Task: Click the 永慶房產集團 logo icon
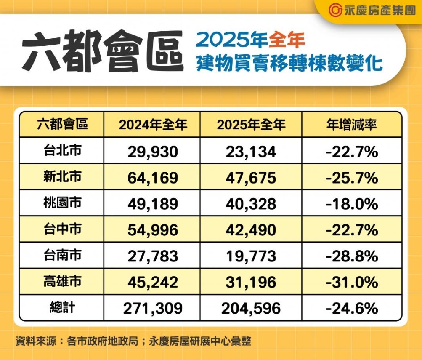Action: pyautogui.click(x=335, y=11)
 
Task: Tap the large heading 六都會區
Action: pyautogui.click(x=103, y=51)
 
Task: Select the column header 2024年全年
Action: pyautogui.click(x=153, y=125)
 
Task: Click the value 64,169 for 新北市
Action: pyautogui.click(x=153, y=178)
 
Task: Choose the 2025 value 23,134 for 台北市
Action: pyautogui.click(x=251, y=151)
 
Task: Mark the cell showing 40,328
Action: pyautogui.click(x=251, y=204)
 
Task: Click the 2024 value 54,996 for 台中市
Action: pyautogui.click(x=153, y=230)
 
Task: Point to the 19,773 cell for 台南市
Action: pyautogui.click(x=251, y=256)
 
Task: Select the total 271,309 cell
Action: pyautogui.click(x=153, y=309)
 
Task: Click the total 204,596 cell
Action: pyautogui.click(x=251, y=309)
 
